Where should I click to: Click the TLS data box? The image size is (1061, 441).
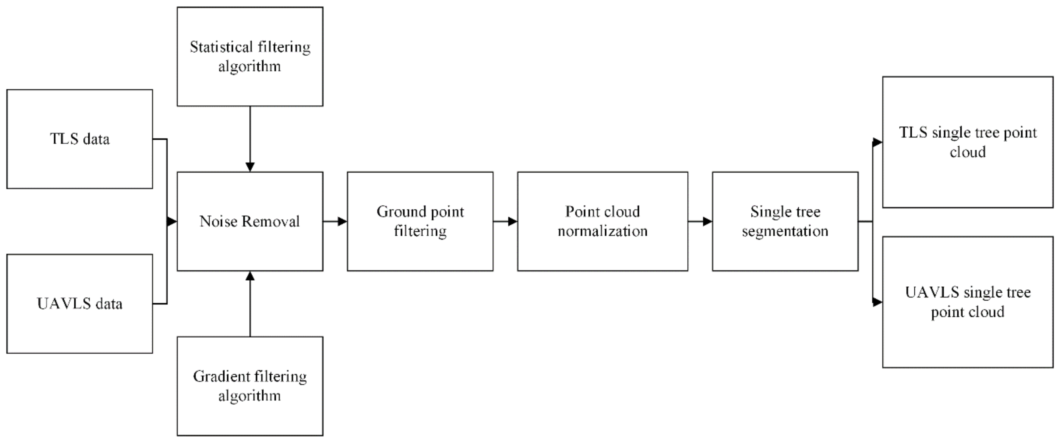coord(80,139)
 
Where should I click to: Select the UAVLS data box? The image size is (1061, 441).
coord(80,304)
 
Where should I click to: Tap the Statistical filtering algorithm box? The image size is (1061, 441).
coord(250,56)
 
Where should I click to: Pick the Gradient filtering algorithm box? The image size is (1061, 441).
coord(250,386)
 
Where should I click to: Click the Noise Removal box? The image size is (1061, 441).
coord(250,221)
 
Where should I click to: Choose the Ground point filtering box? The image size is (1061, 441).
coord(420,221)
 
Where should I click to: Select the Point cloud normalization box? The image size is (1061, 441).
coord(603,221)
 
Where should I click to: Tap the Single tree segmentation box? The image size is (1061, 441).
coord(785,221)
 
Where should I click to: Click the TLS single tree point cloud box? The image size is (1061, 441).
coord(967,142)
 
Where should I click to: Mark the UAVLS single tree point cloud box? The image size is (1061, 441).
coord(967,302)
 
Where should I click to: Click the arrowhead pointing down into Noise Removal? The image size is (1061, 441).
coord(250,167)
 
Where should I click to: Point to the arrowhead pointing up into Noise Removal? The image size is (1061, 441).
coord(250,276)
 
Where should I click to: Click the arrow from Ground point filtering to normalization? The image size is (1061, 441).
coord(505,221)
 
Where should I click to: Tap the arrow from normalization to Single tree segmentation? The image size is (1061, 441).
coord(700,221)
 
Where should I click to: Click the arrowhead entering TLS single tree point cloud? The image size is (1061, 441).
coord(877,142)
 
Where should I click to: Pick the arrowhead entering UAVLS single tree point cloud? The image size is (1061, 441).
coord(877,302)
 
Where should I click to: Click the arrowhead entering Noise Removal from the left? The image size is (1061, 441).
coord(172,221)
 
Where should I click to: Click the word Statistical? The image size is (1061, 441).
coord(221,47)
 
